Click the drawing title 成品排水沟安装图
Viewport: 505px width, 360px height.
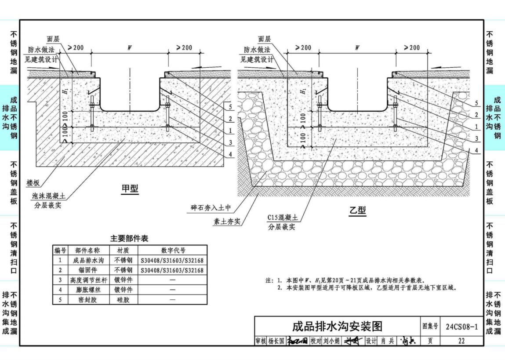(x=338, y=327)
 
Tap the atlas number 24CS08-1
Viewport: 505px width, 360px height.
(x=461, y=327)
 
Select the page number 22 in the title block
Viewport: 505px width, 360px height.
(x=461, y=341)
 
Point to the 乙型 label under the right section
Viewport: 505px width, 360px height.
(x=357, y=211)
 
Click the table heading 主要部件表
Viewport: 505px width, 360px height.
(x=129, y=239)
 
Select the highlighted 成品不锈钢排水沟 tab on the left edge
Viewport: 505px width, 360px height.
(x=10, y=117)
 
